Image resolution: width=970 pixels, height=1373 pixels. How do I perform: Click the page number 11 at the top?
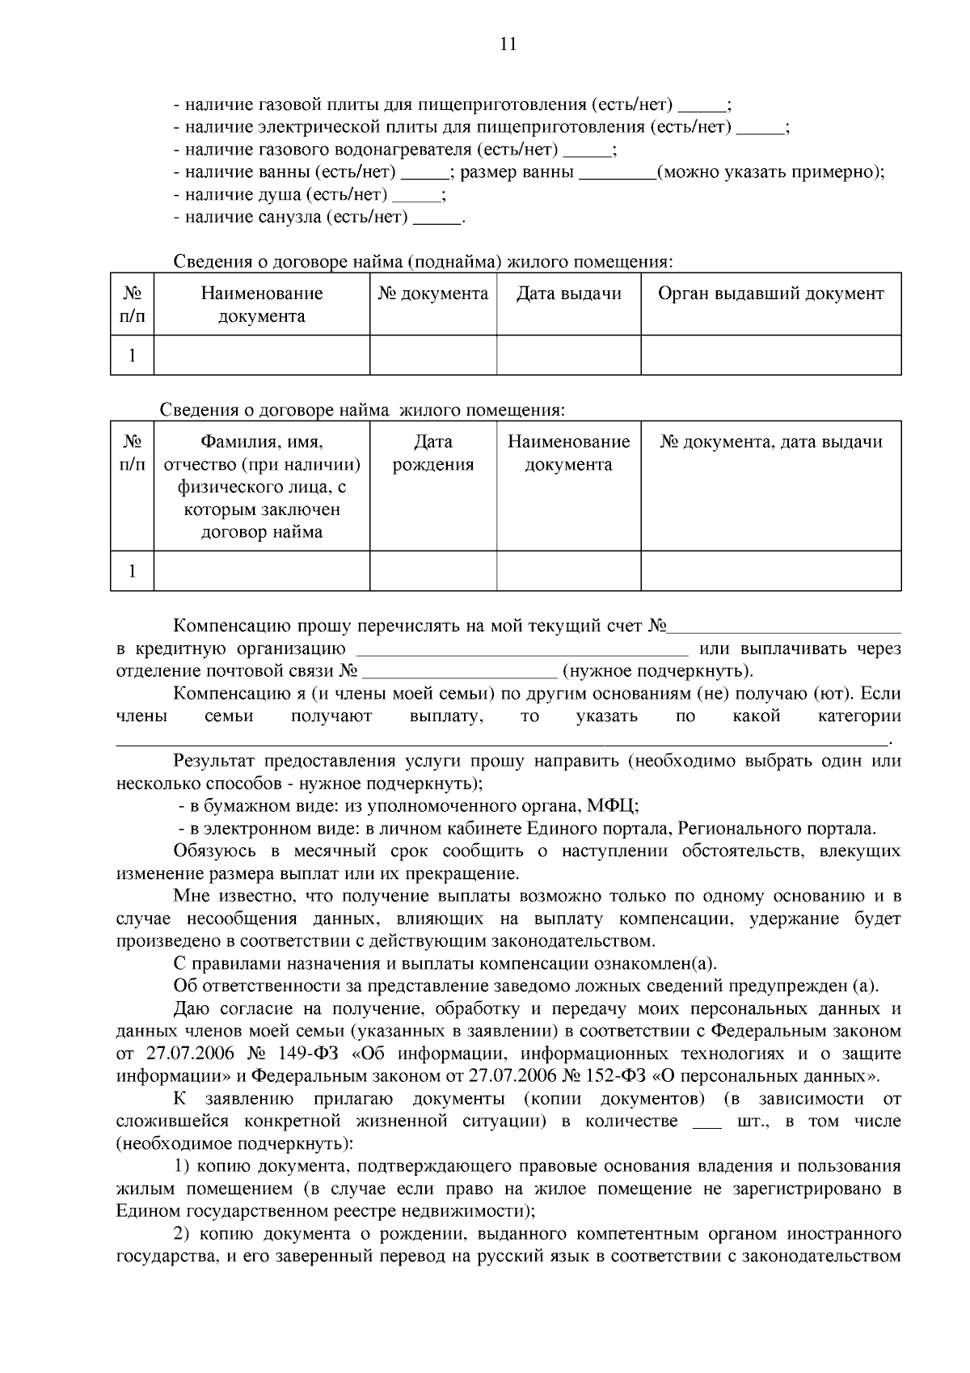[508, 45]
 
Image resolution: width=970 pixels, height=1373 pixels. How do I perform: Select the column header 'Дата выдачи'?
[568, 294]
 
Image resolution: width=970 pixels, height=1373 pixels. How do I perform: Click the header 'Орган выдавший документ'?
[770, 294]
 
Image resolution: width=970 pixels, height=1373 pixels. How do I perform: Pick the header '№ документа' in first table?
[433, 294]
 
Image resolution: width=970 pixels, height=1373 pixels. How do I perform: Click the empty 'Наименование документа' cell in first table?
[261, 356]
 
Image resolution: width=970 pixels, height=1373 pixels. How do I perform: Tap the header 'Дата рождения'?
[433, 454]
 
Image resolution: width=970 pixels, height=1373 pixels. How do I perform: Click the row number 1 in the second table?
[132, 572]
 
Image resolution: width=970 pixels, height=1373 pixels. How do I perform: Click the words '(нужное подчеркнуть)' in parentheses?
[657, 672]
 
